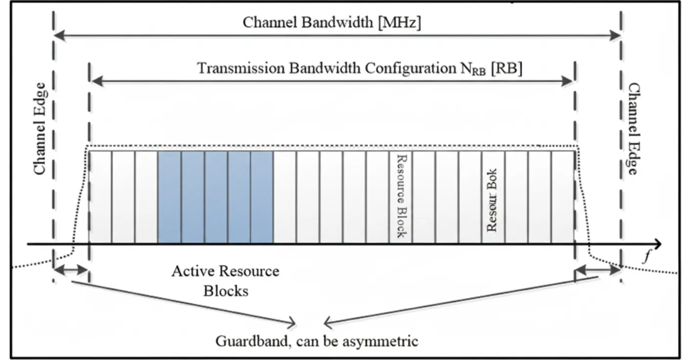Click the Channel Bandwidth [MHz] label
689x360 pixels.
(332, 22)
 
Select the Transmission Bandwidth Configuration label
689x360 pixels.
(328, 68)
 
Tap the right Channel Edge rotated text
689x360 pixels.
(634, 129)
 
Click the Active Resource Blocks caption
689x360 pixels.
(226, 281)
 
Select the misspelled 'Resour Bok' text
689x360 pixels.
(492, 200)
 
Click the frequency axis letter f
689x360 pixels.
(647, 257)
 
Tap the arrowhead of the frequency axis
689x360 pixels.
(657, 244)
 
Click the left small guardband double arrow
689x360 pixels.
(71, 270)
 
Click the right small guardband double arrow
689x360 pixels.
(597, 270)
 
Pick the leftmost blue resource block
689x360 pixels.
(169, 197)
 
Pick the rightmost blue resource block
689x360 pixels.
(262, 197)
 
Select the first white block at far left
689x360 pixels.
(100, 197)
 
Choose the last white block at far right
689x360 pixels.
(563, 197)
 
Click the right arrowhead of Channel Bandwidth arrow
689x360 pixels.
(615, 35)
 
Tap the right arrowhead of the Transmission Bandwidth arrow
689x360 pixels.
(567, 81)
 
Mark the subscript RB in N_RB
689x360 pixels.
(479, 72)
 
